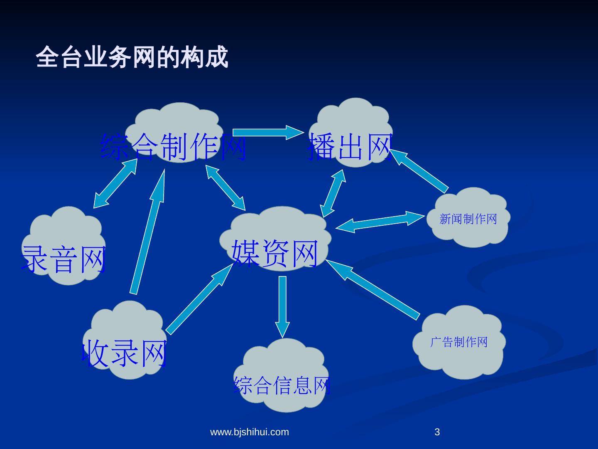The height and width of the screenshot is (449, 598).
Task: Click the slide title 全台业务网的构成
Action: pyautogui.click(x=132, y=57)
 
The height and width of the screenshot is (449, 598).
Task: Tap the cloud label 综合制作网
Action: pyautogui.click(x=174, y=147)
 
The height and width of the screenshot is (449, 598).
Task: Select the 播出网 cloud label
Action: pyautogui.click(x=350, y=146)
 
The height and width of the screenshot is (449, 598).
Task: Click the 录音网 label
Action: pyautogui.click(x=64, y=259)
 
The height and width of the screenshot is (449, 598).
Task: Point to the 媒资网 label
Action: pyautogui.click(x=275, y=253)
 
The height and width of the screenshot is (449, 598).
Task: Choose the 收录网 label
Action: pyautogui.click(x=125, y=353)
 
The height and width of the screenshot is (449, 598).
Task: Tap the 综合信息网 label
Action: pyautogui.click(x=282, y=385)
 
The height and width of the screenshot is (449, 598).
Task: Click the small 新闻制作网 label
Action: pyautogui.click(x=468, y=219)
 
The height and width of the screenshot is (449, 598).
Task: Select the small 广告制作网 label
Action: pyautogui.click(x=458, y=342)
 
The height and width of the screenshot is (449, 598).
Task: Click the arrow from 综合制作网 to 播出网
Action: pyautogui.click(x=268, y=132)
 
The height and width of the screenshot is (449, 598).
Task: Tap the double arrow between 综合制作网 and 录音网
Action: pyautogui.click(x=115, y=183)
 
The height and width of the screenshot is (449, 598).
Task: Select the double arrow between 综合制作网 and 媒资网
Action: pyautogui.click(x=226, y=187)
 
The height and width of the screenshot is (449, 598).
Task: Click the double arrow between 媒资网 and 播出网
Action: pyautogui.click(x=333, y=193)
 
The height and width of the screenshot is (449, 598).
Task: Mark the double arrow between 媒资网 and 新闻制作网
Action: pyautogui.click(x=380, y=222)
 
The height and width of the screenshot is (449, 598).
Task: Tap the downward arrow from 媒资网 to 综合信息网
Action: pyautogui.click(x=282, y=306)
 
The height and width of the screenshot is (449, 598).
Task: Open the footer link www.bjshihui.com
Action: pyautogui.click(x=250, y=432)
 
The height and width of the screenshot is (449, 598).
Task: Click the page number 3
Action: pyautogui.click(x=437, y=432)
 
